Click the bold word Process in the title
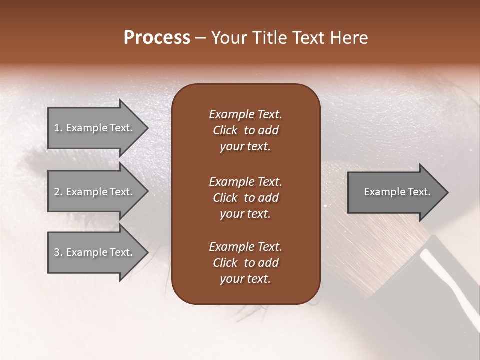[157, 38]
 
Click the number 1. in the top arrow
[58, 128]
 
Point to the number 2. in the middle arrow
[58, 192]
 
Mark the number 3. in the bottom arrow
[58, 252]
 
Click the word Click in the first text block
[225, 130]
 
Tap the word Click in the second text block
[225, 198]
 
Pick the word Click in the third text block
[225, 263]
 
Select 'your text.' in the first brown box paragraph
[245, 147]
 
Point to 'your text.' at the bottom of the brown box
[245, 279]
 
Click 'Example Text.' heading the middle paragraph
[245, 181]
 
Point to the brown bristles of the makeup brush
[380, 250]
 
